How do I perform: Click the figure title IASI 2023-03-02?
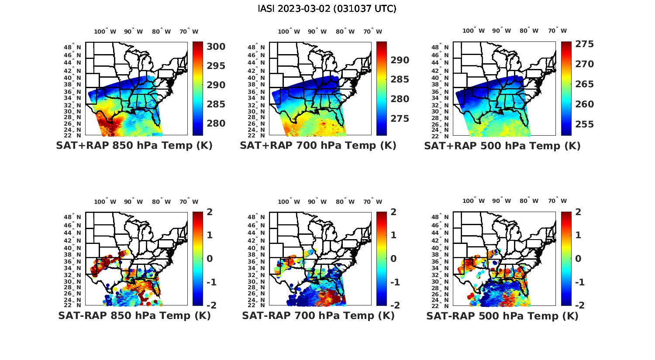pos(327,9)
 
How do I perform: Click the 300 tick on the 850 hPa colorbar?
pos(216,47)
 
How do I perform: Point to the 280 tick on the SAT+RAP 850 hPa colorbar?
pos(216,123)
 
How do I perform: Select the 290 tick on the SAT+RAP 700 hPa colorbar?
pos(400,60)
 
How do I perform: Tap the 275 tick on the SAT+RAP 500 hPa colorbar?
pos(585,44)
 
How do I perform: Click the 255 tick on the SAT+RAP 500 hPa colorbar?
pos(585,124)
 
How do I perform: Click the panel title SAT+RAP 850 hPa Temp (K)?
pos(134,146)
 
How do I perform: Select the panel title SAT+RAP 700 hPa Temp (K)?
pos(318,146)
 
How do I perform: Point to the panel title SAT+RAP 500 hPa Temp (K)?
pos(502,146)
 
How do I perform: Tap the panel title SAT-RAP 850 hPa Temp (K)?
pos(134,315)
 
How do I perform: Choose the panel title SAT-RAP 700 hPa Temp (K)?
pos(318,315)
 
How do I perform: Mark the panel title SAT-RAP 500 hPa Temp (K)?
pos(502,316)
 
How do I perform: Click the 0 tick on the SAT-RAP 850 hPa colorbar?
pos(210,259)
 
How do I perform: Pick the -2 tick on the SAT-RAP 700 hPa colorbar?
pos(392,305)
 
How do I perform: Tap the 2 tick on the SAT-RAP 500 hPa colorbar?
pos(578,212)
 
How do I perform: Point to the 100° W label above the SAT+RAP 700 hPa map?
pos(289,31)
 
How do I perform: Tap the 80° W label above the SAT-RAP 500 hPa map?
pos(529,201)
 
